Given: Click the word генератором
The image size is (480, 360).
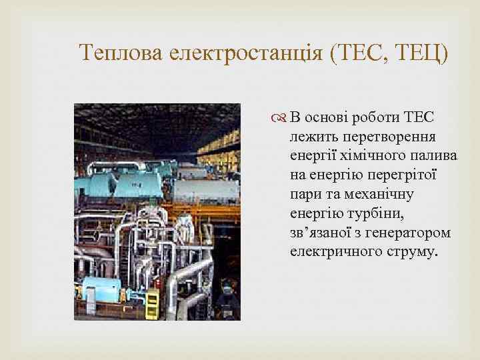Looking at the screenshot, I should (x=412, y=233).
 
